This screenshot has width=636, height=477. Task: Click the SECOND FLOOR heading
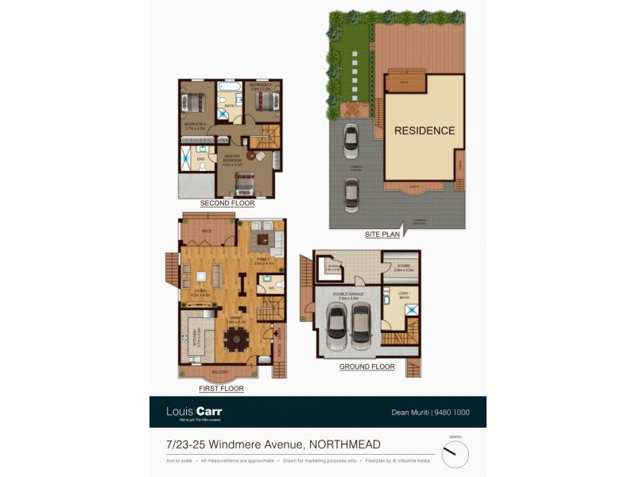pyautogui.click(x=227, y=204)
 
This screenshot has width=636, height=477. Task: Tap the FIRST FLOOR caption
pyautogui.click(x=221, y=389)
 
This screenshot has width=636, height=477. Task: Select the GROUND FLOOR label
pyautogui.click(x=367, y=366)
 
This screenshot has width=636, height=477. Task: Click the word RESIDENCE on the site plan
pyautogui.click(x=425, y=131)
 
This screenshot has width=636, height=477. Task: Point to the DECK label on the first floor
pyautogui.click(x=206, y=231)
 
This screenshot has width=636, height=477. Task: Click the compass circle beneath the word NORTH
pyautogui.click(x=455, y=454)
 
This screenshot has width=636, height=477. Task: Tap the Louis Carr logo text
pyautogui.click(x=193, y=412)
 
